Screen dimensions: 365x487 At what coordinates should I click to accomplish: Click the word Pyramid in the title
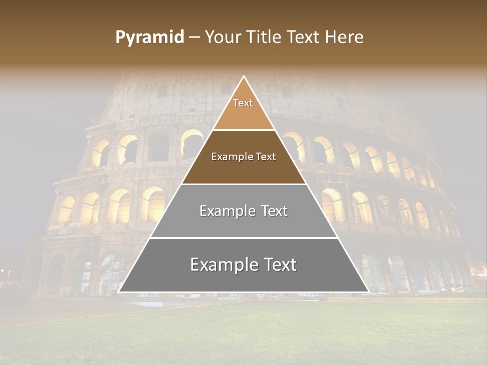(x=150, y=38)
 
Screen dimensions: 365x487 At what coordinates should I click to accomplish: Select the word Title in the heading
(x=264, y=38)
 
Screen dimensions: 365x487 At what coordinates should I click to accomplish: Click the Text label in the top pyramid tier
(x=243, y=103)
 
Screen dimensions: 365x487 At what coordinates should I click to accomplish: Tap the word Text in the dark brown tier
(x=266, y=157)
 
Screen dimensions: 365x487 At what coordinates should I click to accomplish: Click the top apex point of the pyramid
(x=243, y=77)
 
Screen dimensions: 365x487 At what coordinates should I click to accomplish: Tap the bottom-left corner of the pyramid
(x=119, y=291)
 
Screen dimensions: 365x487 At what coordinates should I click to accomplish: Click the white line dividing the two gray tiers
(x=243, y=238)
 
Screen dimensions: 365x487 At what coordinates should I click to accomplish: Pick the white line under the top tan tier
(x=243, y=130)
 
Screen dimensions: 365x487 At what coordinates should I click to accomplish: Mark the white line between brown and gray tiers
(x=243, y=184)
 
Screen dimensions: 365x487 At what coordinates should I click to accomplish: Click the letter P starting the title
(x=120, y=38)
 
